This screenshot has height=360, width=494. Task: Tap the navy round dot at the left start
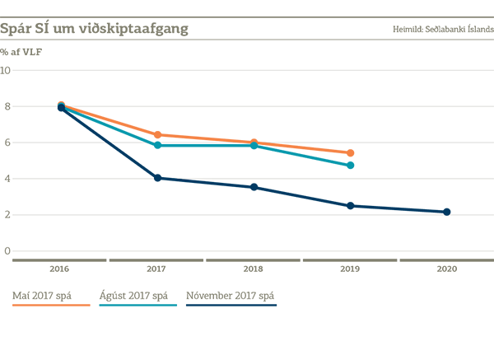tap(60, 108)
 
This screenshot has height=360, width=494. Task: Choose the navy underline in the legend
tap(247, 303)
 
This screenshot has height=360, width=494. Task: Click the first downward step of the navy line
tap(110, 150)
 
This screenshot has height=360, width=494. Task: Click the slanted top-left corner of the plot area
tap(33, 59)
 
